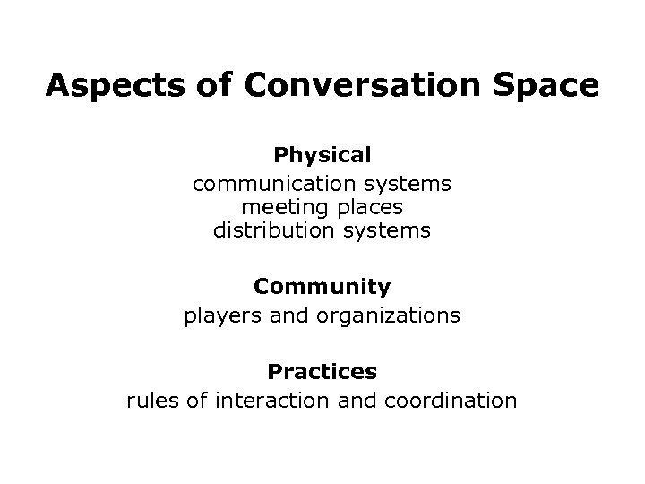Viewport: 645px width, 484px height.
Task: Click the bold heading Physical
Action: coord(322,155)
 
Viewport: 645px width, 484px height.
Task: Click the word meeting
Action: coord(280,208)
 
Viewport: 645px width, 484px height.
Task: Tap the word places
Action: coord(365,208)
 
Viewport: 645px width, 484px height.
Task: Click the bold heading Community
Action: coord(322,287)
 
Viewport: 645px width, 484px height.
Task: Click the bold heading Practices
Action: coord(322,370)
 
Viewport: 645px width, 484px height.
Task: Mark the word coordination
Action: coord(450,400)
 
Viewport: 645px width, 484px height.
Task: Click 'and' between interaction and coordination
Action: coord(358,400)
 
